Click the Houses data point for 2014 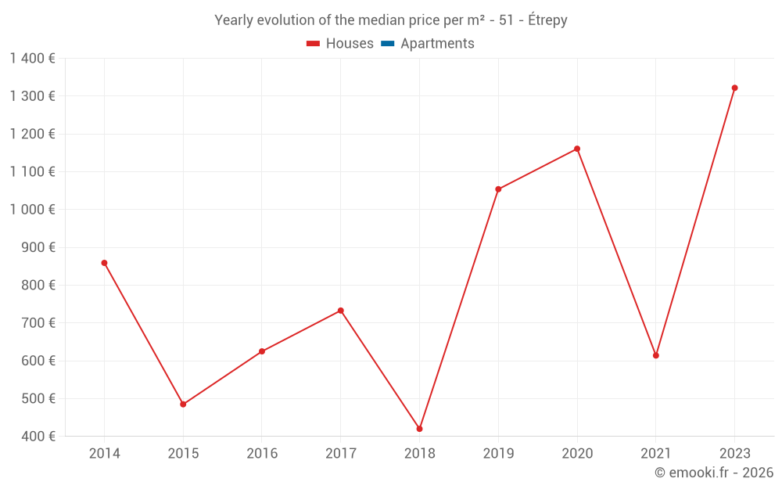104,263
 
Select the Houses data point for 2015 183,405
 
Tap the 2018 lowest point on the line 420,429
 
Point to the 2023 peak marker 734,88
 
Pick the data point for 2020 577,149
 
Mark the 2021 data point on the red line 656,355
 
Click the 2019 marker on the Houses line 498,189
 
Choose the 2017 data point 341,311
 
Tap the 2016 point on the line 262,351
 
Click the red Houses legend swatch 313,44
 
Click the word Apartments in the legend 437,44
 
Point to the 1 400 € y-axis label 32,58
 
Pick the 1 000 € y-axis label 32,209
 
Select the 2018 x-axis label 420,453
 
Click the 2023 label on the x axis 734,453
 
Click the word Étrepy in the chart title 547,20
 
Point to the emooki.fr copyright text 714,473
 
